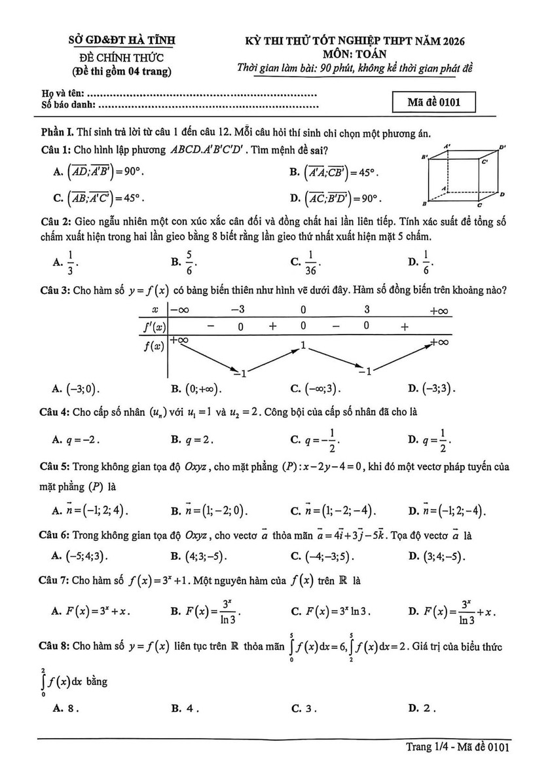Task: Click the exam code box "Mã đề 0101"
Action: pyautogui.click(x=431, y=102)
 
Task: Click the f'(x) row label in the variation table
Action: pyautogui.click(x=154, y=326)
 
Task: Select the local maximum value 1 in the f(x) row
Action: pyautogui.click(x=303, y=345)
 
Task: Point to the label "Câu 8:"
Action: pyautogui.click(x=56, y=647)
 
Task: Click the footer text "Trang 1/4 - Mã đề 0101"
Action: pyautogui.click(x=458, y=746)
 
